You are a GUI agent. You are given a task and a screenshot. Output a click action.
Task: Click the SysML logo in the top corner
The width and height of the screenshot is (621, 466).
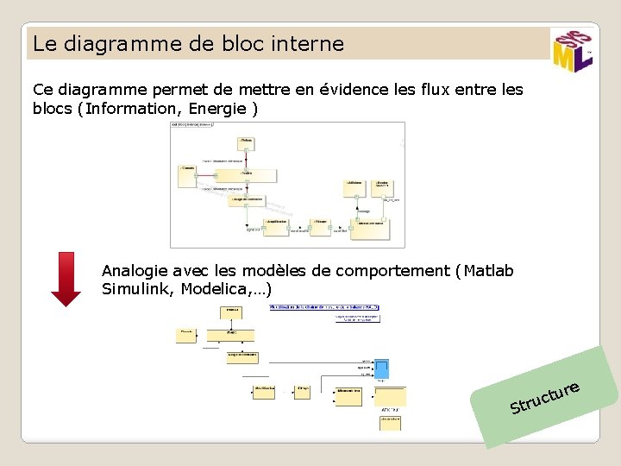(571, 51)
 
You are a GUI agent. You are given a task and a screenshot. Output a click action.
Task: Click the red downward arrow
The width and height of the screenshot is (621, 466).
(66, 278)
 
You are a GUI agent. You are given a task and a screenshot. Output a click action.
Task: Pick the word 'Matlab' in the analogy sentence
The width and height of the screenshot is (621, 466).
(488, 271)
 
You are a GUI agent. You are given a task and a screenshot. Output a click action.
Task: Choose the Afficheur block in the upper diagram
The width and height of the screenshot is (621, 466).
(356, 187)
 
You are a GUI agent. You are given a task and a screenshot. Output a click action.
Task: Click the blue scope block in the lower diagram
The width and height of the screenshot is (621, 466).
(381, 369)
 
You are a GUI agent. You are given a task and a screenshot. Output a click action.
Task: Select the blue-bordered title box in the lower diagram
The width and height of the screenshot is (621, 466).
(324, 307)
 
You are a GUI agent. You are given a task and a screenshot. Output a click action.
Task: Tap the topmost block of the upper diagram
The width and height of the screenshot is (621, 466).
(246, 142)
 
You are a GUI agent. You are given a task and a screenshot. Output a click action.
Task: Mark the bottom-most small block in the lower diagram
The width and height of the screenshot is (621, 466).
(391, 423)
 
